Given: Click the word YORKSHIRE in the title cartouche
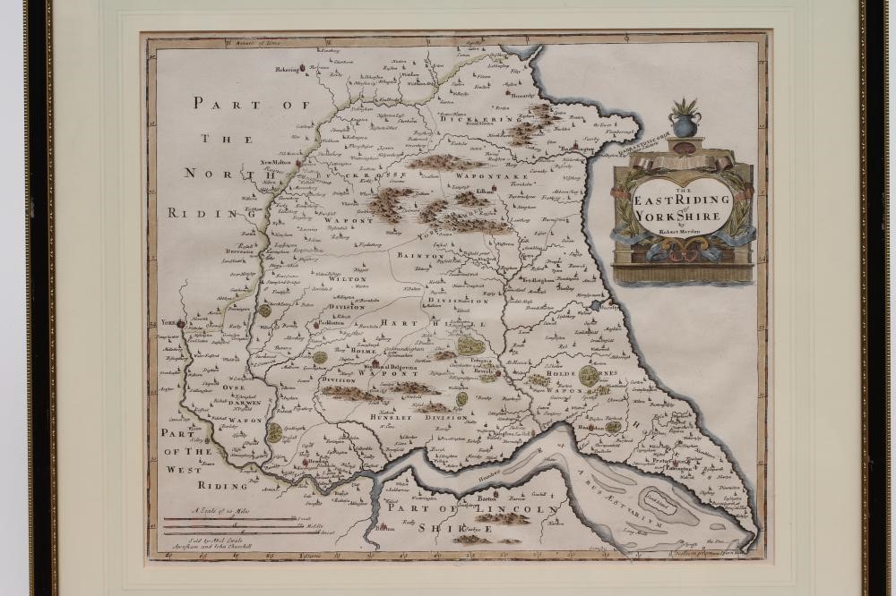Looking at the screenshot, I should coord(683,214).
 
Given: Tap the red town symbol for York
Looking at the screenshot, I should coord(180,323).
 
